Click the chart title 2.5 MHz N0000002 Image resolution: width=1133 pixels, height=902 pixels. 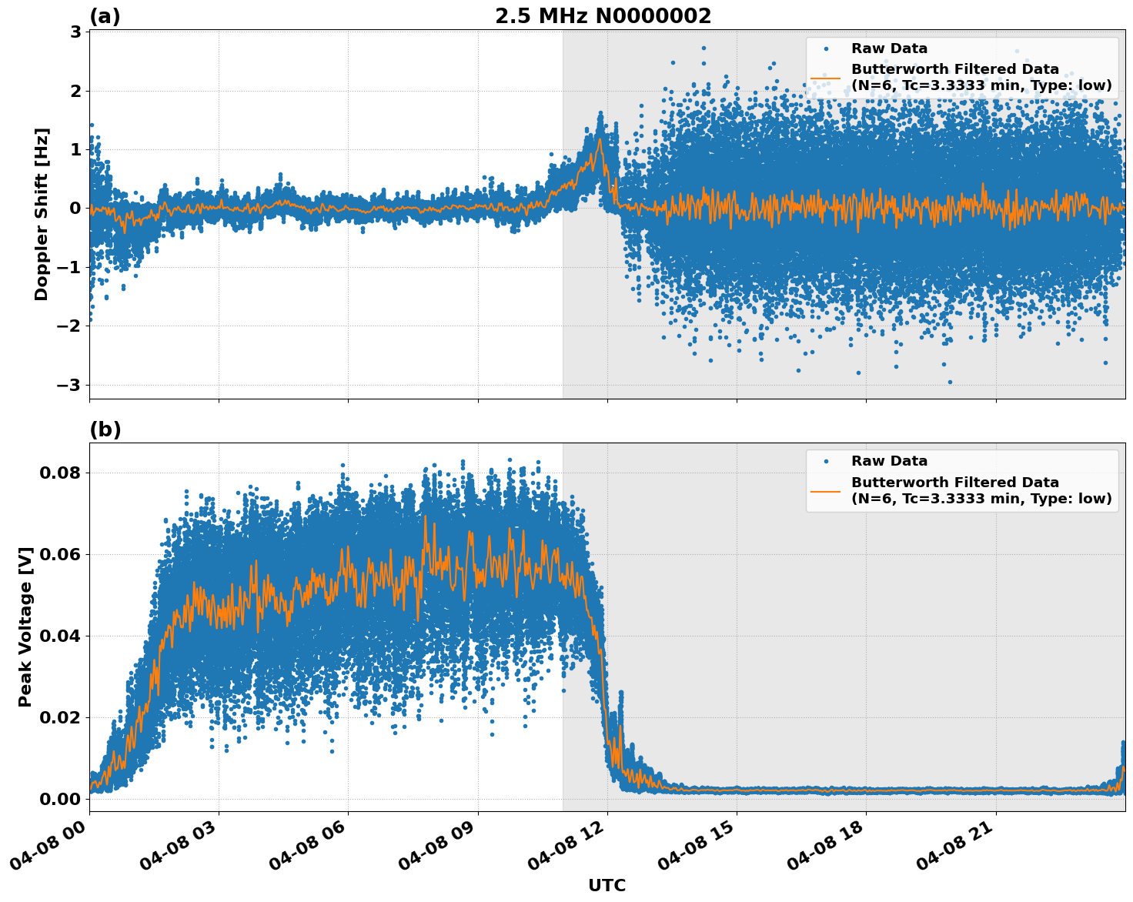tap(603, 16)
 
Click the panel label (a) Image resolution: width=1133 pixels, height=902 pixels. tap(105, 16)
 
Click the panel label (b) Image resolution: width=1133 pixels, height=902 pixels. tap(105, 429)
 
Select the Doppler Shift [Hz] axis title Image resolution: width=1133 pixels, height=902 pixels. tap(42, 214)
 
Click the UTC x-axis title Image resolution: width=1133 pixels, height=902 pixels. tap(607, 885)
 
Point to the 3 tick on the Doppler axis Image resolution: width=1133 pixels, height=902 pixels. tap(75, 32)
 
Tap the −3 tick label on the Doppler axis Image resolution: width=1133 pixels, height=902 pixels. tap(70, 385)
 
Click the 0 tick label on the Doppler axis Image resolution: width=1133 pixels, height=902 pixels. tap(75, 209)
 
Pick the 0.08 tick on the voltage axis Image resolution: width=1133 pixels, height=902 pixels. tap(59, 473)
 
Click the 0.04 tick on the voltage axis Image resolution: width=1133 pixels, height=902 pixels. tap(59, 636)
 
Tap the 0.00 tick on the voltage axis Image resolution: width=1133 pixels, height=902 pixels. tap(59, 799)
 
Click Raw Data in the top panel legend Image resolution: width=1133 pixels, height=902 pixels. tap(889, 48)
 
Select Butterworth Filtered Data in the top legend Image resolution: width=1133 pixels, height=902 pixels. tap(954, 69)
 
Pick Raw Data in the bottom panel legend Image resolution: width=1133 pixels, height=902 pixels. tap(889, 461)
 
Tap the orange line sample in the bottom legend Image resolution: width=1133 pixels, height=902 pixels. tap(826, 490)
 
